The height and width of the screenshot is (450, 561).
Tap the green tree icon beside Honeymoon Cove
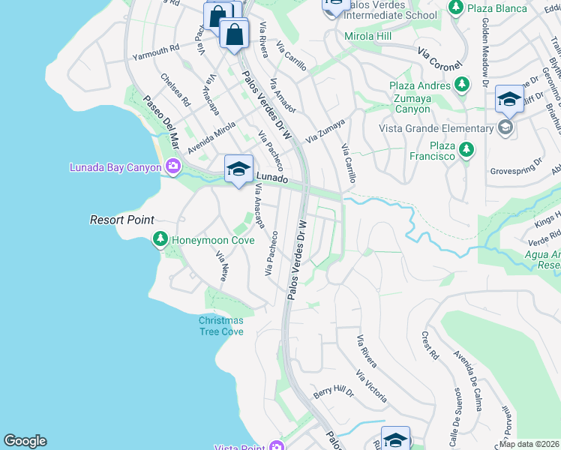pyautogui.click(x=160, y=239)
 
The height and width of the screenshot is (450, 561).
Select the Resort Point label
pyautogui.click(x=122, y=220)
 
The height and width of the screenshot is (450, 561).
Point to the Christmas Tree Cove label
pyautogui.click(x=220, y=325)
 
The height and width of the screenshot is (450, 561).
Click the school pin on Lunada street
pyautogui.click(x=238, y=169)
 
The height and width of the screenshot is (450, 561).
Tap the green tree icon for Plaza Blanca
pyautogui.click(x=455, y=7)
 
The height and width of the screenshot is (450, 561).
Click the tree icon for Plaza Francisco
pyautogui.click(x=466, y=149)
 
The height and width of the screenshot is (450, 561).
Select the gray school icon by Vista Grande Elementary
pyautogui.click(x=506, y=128)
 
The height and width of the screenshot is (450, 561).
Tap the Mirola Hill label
pyautogui.click(x=368, y=36)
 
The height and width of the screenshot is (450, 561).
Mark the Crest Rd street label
pyautogui.click(x=430, y=345)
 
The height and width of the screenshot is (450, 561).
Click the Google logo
pyautogui.click(x=25, y=441)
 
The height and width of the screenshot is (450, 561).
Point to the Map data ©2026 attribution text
pyautogui.click(x=529, y=444)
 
